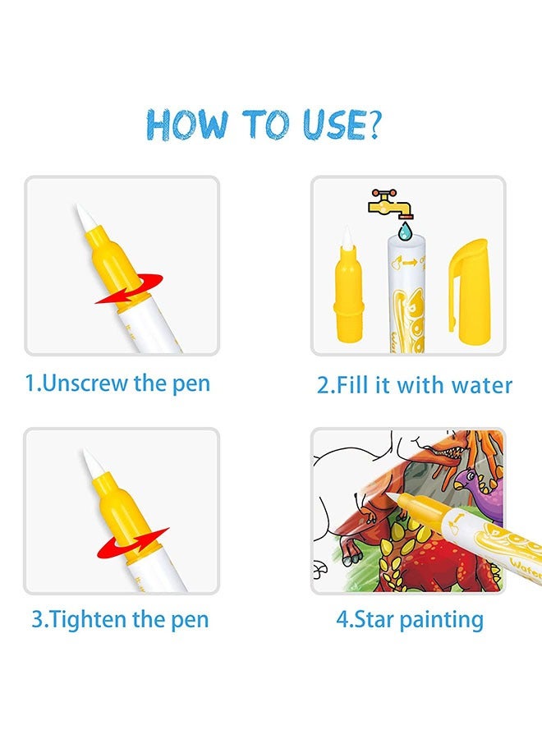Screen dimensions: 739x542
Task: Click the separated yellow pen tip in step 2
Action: (348, 287)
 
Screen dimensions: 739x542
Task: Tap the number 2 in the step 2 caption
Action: (323, 385)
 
